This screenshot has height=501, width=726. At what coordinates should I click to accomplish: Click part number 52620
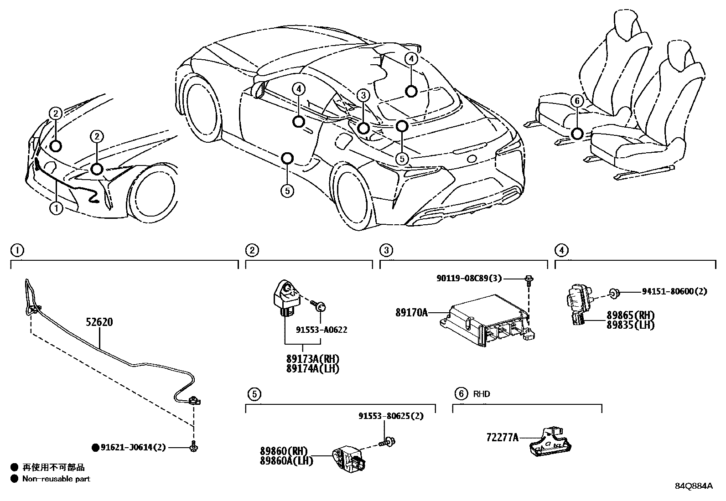(x=99, y=322)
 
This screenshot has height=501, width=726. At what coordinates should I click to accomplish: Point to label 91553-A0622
(x=321, y=330)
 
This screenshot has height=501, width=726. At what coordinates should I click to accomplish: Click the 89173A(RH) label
(x=313, y=359)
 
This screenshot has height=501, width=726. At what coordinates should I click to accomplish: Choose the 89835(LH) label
(x=630, y=325)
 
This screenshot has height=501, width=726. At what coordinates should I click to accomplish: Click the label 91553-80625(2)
(x=391, y=416)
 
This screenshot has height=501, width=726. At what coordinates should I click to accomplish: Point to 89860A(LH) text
(x=286, y=461)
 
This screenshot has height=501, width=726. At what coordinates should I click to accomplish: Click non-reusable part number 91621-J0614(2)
(x=133, y=448)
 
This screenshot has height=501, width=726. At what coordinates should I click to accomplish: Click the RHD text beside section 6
(x=482, y=394)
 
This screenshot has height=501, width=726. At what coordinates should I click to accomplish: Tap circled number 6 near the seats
(x=576, y=101)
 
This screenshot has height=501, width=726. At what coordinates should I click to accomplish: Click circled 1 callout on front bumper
(x=56, y=209)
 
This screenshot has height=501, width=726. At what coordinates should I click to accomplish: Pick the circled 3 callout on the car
(x=363, y=95)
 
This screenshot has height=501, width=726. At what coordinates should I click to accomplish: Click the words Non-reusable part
(x=56, y=479)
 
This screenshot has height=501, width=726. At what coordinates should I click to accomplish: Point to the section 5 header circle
(x=254, y=394)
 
